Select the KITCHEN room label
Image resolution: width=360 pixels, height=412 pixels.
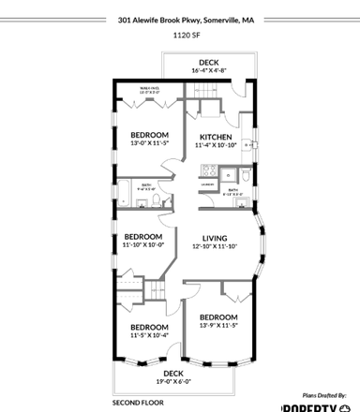[215, 138]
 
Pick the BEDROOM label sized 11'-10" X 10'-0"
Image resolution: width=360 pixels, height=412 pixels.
[142, 236]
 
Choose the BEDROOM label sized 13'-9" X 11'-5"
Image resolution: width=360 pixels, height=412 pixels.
[217, 317]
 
